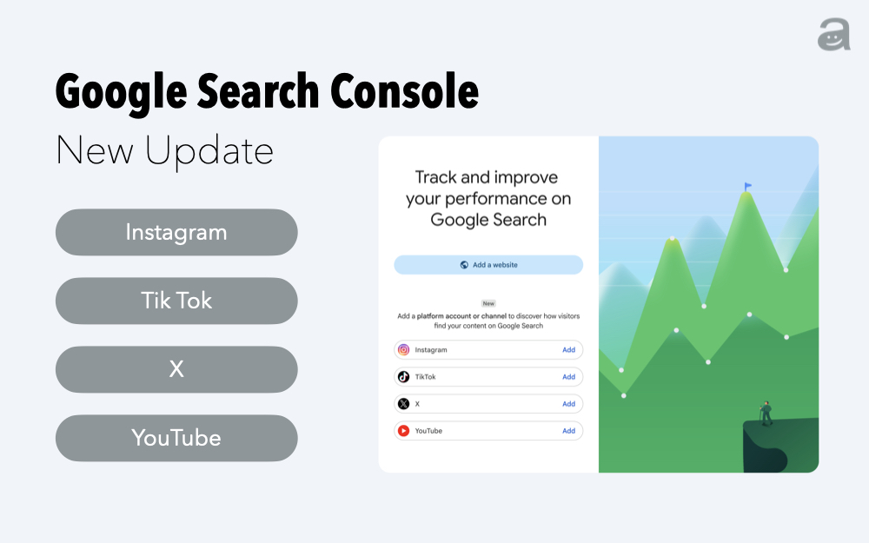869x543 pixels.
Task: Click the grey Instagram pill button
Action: pos(176,232)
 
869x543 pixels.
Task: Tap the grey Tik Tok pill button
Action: pos(176,301)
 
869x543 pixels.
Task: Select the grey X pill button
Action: pos(176,369)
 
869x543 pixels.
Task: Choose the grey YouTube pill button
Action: pos(176,438)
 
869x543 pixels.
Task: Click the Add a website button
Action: pos(488,265)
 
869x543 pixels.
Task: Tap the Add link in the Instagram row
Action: pos(568,349)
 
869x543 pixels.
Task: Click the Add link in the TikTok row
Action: pos(568,377)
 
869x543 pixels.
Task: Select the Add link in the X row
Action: pos(568,404)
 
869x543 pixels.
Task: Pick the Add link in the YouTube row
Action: pos(568,431)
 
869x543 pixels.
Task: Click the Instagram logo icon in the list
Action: pos(403,349)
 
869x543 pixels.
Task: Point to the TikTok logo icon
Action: pos(403,377)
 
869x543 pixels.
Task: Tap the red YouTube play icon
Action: pos(403,431)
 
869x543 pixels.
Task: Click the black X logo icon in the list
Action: pos(403,404)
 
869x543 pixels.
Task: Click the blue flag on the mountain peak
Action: pos(747,186)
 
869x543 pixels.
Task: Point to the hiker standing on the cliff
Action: pos(766,414)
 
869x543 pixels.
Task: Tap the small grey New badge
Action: pos(488,303)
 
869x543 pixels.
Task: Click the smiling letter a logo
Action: pos(834,35)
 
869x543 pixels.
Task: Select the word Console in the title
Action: pos(404,91)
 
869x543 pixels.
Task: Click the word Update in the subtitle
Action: pos(209,150)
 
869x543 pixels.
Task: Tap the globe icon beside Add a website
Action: pos(464,265)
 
